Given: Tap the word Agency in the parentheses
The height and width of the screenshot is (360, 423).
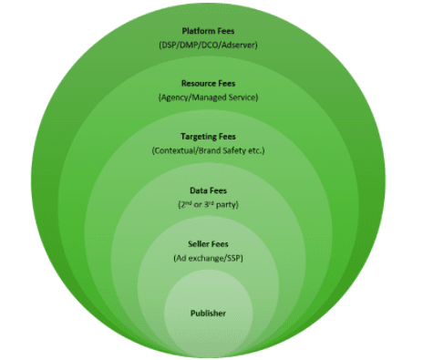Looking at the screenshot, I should pyautogui.click(x=176, y=97).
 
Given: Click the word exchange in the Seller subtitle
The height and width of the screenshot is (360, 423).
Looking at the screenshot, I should pyautogui.click(x=208, y=258).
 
